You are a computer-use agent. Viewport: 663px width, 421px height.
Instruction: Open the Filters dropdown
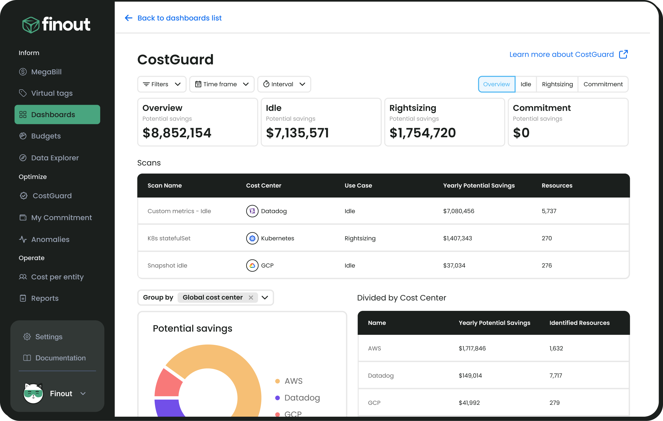pos(162,84)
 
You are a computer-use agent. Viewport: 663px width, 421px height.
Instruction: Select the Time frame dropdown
pos(222,84)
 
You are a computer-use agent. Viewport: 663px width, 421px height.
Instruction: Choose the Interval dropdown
pos(284,84)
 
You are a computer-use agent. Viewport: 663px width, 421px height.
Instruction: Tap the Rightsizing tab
pos(557,84)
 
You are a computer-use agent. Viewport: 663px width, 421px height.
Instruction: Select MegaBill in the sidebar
pos(46,72)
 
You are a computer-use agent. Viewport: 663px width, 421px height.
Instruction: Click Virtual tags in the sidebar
pos(52,93)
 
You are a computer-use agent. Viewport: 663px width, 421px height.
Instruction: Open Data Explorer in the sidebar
pos(55,158)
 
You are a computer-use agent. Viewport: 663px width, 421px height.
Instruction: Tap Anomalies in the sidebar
pos(50,239)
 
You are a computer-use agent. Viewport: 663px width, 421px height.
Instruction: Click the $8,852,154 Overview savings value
pos(177,133)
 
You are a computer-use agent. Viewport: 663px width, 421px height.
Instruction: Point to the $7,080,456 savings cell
pos(459,211)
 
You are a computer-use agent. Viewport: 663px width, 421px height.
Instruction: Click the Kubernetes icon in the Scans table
pos(252,238)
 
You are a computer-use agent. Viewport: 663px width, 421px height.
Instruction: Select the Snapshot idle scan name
pos(167,266)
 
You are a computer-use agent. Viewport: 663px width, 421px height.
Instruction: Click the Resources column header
pos(557,185)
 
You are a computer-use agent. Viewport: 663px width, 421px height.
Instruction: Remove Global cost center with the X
pos(251,298)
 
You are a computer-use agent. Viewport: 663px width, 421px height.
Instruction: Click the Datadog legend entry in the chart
pos(302,398)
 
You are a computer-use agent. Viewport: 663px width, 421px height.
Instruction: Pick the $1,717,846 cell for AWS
pos(472,348)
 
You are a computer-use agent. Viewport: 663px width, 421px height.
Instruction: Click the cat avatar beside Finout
pos(33,394)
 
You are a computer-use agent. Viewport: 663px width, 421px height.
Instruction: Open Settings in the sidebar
pos(48,337)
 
